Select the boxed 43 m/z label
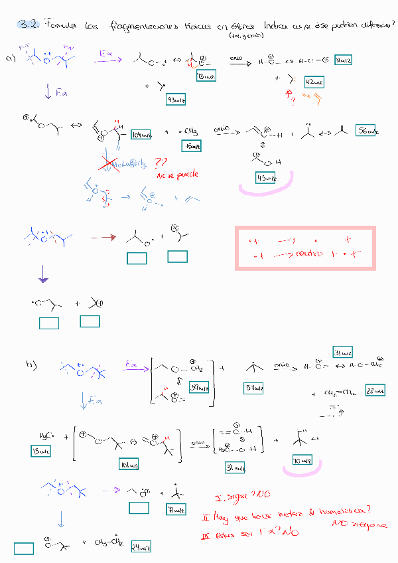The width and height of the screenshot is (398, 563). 175,99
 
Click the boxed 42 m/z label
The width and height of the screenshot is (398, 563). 314,82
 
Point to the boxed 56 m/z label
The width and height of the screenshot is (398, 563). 365,130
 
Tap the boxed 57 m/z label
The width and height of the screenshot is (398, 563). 254,389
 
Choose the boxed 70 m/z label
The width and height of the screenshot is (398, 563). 302,460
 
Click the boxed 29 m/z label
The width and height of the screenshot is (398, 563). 141,546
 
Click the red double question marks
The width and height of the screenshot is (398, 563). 161,162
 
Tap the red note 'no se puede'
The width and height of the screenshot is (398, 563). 173,176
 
